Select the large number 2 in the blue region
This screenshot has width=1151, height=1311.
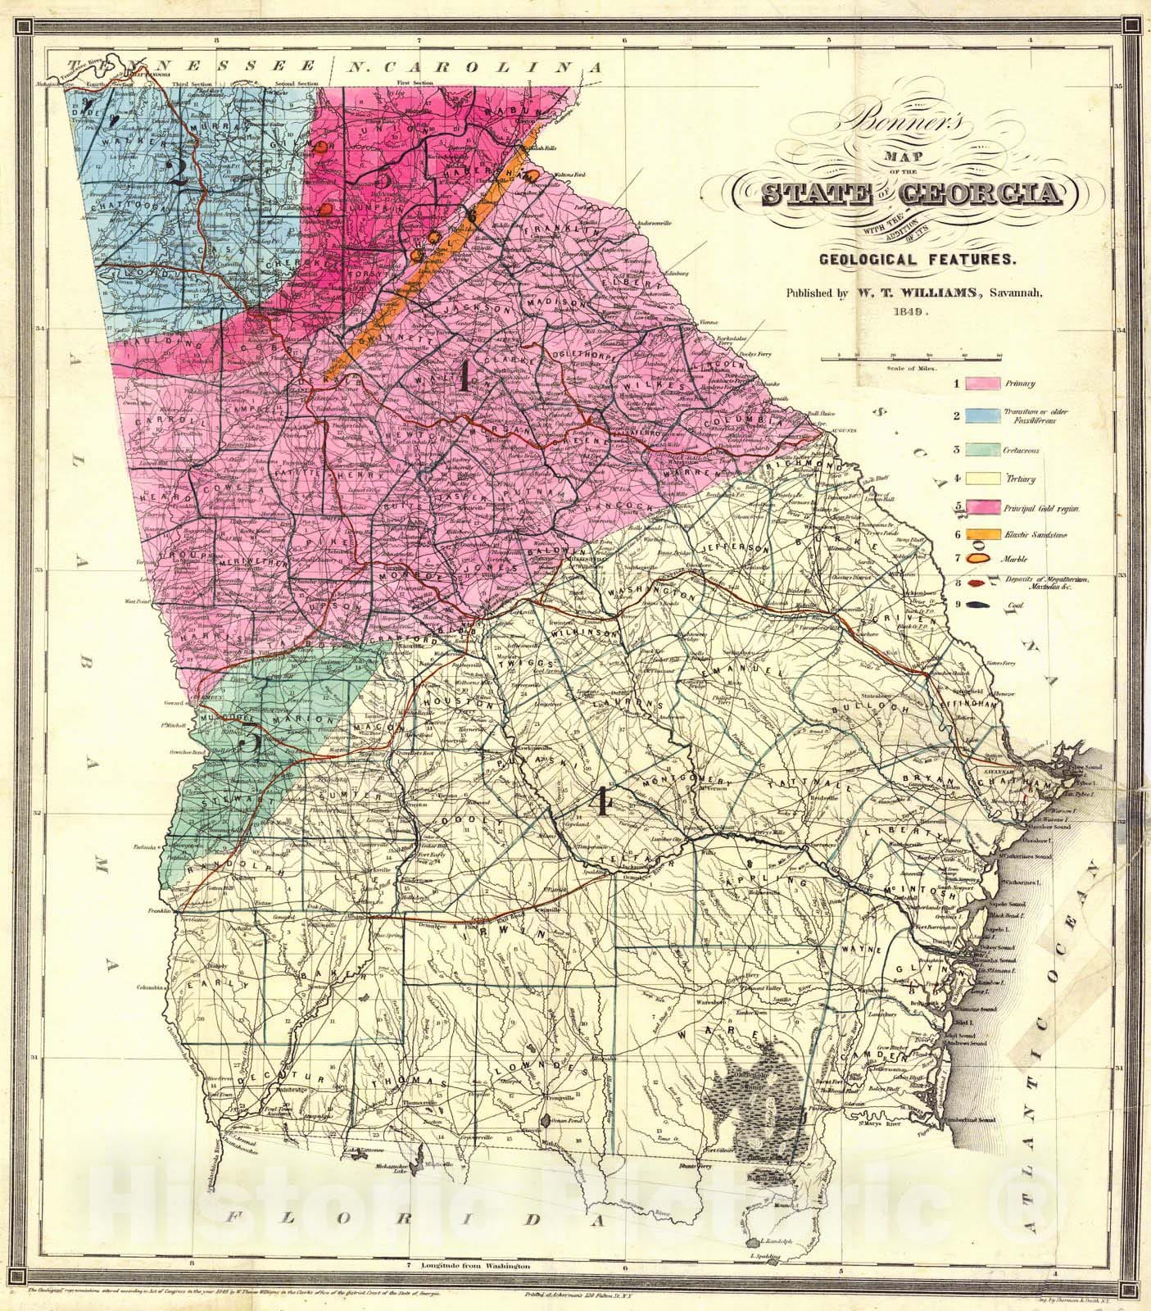[177, 170]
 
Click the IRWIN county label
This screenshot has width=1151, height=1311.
[516, 934]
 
